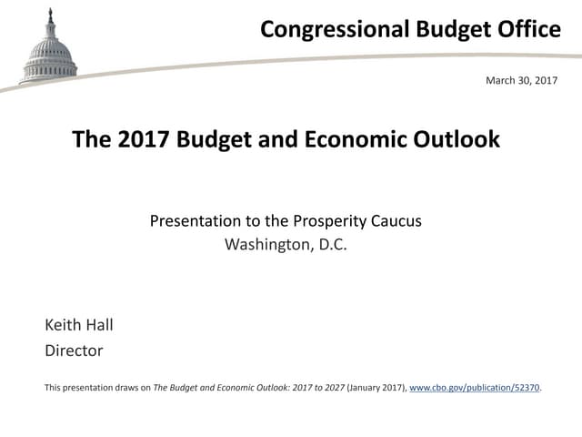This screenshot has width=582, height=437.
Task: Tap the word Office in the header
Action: click(529, 30)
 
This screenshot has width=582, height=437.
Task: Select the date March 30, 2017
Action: click(521, 81)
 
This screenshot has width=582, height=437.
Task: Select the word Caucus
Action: click(396, 221)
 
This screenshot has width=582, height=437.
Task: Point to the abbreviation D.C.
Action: click(330, 245)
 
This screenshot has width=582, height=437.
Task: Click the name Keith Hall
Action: click(79, 325)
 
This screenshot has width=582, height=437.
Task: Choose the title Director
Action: click(74, 351)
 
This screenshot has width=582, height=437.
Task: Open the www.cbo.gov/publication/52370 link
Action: click(475, 388)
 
